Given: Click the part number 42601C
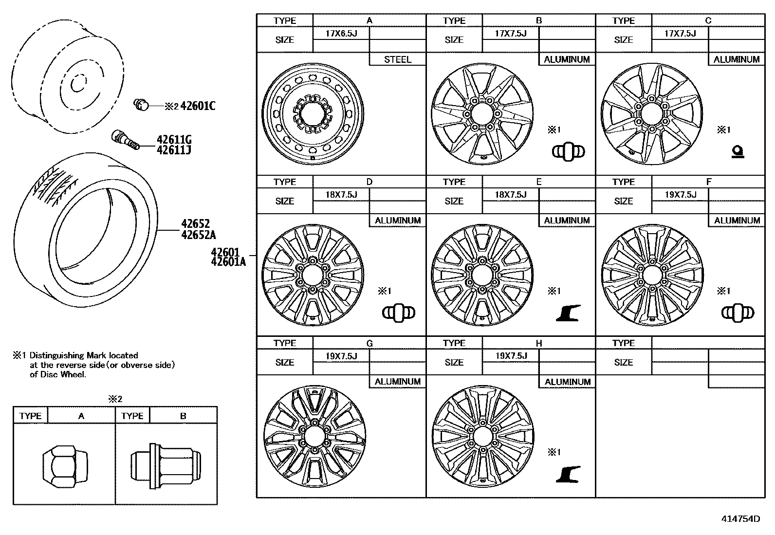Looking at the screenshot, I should coord(198,106).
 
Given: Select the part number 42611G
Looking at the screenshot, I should coord(174,140).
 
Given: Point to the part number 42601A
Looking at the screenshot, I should coord(228,262).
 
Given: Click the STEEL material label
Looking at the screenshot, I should coord(398,59).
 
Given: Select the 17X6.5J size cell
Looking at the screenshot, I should coord(341,33).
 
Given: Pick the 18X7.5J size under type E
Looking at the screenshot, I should coord(511,194).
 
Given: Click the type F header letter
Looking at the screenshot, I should coord(708,182).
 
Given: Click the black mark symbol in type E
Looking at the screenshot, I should coord(568,313).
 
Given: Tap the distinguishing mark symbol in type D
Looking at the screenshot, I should coord(398,313).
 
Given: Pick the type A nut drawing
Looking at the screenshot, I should coord(65,464).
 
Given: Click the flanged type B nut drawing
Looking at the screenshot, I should coord(166,464).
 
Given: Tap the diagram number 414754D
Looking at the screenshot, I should coord(740,518).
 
